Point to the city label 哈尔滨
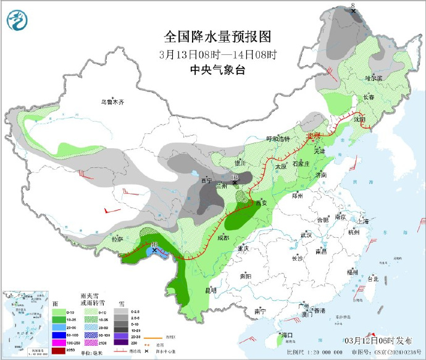pos(374,78)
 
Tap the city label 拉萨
pos(117,238)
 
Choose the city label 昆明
pos(210,290)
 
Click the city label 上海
pos(362,220)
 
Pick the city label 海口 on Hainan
pos(286,335)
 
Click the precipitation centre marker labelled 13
pos(235,181)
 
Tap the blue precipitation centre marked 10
pos(154,249)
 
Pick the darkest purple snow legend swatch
pos(122,342)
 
